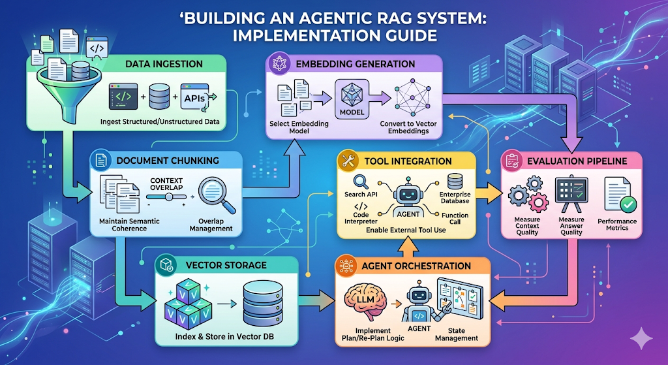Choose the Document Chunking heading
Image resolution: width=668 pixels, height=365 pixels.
click(x=167, y=161)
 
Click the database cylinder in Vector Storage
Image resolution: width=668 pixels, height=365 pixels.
click(x=262, y=304)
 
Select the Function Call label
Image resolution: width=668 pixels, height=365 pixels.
click(x=455, y=219)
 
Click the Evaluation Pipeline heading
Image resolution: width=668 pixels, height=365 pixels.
click(x=575, y=161)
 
